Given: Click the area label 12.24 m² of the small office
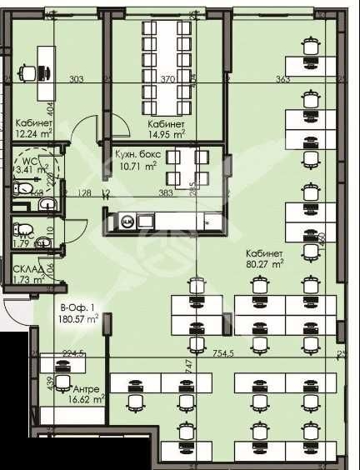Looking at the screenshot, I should coord(33,132).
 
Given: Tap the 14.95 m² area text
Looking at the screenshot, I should coord(167,132).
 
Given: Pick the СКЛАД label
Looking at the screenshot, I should coord(29,269).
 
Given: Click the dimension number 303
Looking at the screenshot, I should coord(77,80).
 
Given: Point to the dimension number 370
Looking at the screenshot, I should coord(167,80).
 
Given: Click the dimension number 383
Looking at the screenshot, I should coord(165,193).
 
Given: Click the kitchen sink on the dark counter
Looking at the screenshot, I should coord(128,222).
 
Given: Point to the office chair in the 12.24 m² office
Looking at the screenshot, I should coord(29,72).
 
